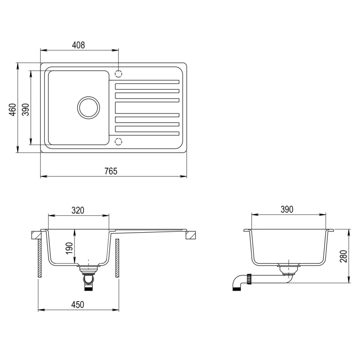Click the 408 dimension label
tap(79, 45)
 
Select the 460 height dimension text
tap(13, 110)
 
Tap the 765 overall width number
tap(111, 171)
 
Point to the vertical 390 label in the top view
tap(25, 110)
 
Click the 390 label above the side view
tap(287, 209)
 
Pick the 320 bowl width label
tap(78, 210)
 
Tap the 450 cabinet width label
tap(78, 305)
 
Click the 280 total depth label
tap(343, 256)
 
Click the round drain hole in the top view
tap(88, 108)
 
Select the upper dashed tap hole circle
tap(119, 73)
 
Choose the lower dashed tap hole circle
tap(119, 141)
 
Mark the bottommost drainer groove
tap(147, 133)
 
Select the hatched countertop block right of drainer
tap(190, 235)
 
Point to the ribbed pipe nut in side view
tap(249, 279)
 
